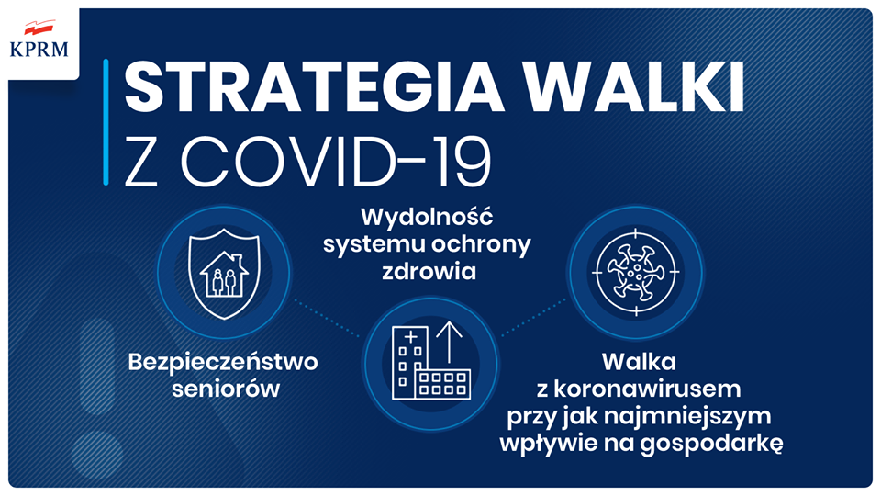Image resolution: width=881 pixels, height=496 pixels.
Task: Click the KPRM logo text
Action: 39,49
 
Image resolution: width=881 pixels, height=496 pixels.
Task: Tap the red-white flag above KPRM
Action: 39,28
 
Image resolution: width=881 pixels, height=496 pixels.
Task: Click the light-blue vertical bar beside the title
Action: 106,122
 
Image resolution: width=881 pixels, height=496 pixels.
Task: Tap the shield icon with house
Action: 224,274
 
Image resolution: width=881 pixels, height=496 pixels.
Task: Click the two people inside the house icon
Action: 224,282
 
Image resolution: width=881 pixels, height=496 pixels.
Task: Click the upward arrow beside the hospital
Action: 449,343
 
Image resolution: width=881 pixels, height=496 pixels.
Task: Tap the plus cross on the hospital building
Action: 411,337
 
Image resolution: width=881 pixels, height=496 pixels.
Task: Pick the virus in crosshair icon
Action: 637,272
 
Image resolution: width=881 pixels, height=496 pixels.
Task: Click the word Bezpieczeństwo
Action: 223,362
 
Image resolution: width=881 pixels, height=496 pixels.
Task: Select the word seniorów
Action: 226,389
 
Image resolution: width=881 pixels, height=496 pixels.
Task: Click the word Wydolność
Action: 427,217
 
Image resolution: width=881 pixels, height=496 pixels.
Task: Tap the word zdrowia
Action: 429,272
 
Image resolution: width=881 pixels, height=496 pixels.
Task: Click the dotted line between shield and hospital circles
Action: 327,319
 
